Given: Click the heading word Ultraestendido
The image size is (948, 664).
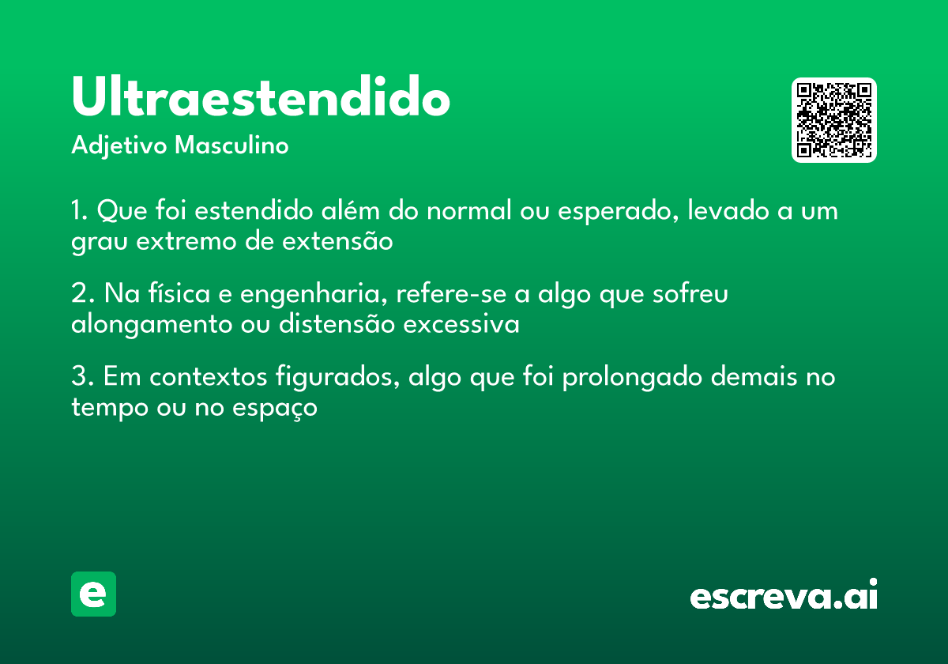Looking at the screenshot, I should pyautogui.click(x=261, y=98).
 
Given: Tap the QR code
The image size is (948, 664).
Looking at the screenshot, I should pyautogui.click(x=834, y=120).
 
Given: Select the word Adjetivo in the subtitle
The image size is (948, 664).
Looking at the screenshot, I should pyautogui.click(x=118, y=146).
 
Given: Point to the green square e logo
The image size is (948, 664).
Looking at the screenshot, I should pyautogui.click(x=93, y=594).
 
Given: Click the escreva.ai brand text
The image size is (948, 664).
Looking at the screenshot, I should pyautogui.click(x=784, y=595).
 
